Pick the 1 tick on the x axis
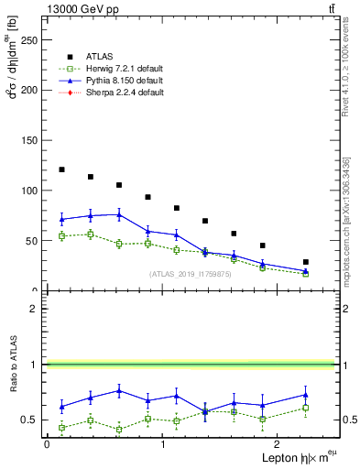(x=162, y=444)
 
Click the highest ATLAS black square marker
(x=61, y=169)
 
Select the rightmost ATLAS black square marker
(x=306, y=262)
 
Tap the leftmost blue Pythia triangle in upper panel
(x=61, y=219)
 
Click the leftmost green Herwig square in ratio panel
(x=61, y=428)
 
